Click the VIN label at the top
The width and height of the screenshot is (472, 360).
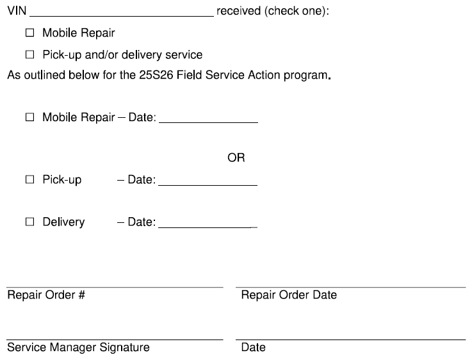pos(17,11)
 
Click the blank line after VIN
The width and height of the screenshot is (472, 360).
pos(122,16)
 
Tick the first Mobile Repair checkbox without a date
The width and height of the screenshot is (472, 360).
pos(30,33)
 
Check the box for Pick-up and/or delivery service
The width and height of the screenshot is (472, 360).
pos(30,54)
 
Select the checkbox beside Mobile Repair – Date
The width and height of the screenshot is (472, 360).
pos(30,117)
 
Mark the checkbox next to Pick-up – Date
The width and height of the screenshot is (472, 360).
pos(30,179)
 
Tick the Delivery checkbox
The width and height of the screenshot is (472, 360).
pos(30,222)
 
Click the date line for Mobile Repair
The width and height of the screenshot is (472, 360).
pos(208,122)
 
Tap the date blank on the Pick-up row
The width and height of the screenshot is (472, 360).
pos(208,185)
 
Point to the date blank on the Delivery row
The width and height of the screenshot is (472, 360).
pos(208,227)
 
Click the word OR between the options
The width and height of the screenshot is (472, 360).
pos(236,158)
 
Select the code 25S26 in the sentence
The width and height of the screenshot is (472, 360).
pos(156,75)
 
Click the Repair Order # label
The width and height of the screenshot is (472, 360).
pos(46,295)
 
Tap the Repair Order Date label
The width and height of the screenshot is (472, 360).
pos(289,295)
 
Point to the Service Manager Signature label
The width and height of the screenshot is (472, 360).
pos(78,347)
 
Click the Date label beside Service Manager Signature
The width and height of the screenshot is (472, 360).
pos(254,347)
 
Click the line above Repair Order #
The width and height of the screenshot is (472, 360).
pos(115,288)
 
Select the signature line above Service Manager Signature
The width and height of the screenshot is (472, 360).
pos(115,340)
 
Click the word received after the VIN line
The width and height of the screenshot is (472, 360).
pos(238,11)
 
